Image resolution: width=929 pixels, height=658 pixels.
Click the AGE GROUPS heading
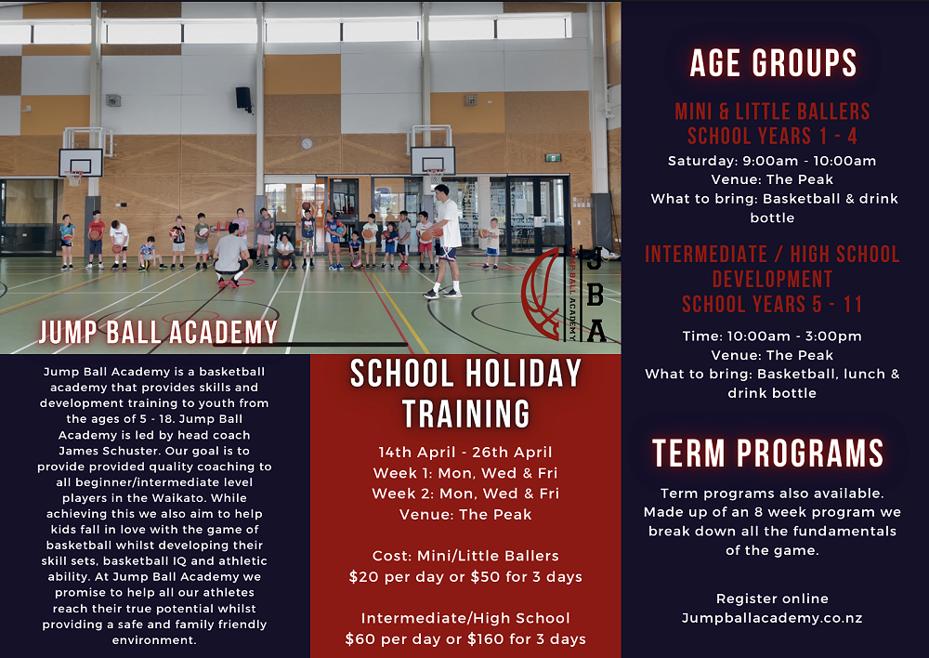click(x=773, y=63)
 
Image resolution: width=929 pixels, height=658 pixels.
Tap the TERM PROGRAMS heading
click(x=768, y=454)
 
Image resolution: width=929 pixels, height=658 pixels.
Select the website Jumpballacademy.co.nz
click(x=772, y=618)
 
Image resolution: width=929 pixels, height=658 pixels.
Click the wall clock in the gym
click(x=307, y=143)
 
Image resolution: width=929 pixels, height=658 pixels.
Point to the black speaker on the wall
click(x=242, y=99)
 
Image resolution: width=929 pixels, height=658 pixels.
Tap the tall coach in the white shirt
click(x=446, y=240)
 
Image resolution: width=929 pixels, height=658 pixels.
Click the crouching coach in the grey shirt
click(x=232, y=259)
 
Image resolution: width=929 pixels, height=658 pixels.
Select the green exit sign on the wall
click(x=553, y=157)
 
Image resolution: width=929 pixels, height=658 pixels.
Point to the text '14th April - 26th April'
click(x=465, y=453)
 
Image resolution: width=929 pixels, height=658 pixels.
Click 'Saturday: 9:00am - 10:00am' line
click(x=772, y=161)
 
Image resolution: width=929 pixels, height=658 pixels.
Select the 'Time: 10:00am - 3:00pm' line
click(x=772, y=336)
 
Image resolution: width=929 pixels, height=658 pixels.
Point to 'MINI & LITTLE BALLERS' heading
click(x=773, y=112)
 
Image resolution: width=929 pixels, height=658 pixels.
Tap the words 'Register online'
click(x=772, y=599)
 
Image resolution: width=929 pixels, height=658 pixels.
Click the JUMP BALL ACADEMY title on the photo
click(x=158, y=332)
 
